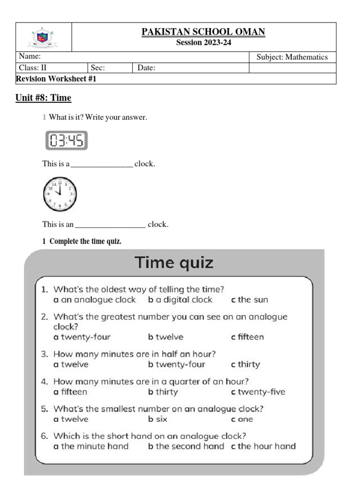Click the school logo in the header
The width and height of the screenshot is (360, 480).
tap(43, 37)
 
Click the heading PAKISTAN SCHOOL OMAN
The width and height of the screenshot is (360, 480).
tap(203, 32)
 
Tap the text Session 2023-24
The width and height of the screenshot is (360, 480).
tap(203, 43)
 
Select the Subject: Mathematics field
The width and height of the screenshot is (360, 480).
tap(292, 57)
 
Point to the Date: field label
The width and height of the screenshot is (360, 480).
tap(146, 68)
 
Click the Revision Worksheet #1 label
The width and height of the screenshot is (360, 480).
tap(56, 79)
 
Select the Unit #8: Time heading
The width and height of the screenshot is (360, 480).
tap(44, 98)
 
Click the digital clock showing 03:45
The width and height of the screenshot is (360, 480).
tap(66, 141)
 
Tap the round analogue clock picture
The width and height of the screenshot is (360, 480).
tap(60, 194)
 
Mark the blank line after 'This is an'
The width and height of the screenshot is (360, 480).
tap(110, 225)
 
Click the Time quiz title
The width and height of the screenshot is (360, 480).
tap(174, 262)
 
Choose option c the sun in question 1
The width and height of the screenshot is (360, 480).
tap(249, 300)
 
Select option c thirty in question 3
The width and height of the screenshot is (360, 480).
tap(245, 365)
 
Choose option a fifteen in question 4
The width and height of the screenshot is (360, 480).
tap(70, 392)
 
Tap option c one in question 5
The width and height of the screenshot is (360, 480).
tap(242, 420)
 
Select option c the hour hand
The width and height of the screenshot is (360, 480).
tap(263, 446)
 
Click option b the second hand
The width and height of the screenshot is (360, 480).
tap(186, 446)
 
